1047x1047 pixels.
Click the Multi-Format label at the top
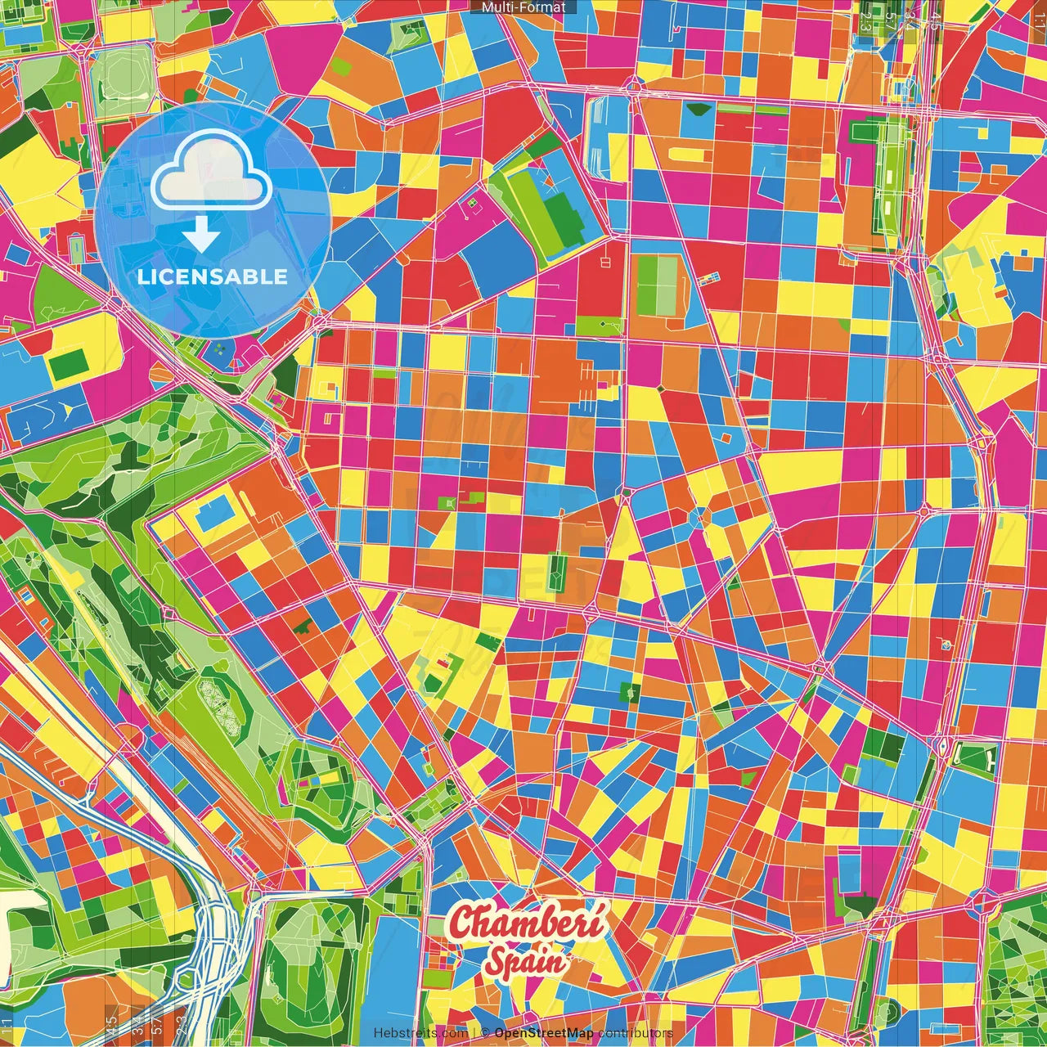[523, 7]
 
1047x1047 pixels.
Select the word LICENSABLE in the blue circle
[213, 276]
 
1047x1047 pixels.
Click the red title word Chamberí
[528, 923]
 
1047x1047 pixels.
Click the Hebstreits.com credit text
[420, 1033]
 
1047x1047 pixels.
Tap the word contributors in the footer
[635, 1033]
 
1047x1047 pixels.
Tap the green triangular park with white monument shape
[972, 758]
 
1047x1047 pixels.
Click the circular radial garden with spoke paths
[33, 561]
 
